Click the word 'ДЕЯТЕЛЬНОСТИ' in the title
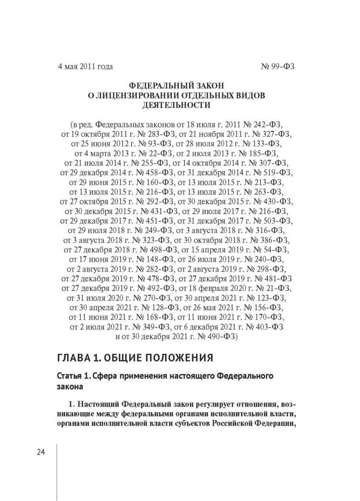pos(179,105)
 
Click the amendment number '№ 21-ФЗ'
pos(273,288)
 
